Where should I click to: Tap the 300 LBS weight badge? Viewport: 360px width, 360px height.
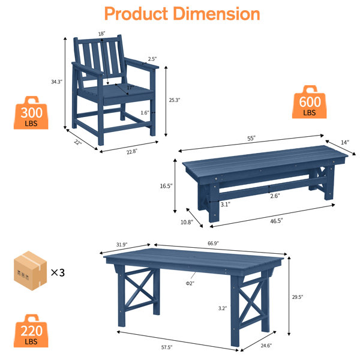[31, 113]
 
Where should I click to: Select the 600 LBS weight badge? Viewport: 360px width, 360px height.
[309, 102]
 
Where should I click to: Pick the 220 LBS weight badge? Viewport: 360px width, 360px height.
[31, 331]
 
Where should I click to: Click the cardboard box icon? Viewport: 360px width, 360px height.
[31, 271]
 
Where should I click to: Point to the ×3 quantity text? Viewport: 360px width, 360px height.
[58, 272]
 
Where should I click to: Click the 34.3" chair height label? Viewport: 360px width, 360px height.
[57, 82]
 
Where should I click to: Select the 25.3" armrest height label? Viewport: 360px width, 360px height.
[175, 100]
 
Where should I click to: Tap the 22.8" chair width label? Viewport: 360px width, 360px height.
[132, 152]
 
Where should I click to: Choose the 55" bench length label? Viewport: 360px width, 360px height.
[251, 139]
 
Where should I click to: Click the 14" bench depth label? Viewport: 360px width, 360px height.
[345, 142]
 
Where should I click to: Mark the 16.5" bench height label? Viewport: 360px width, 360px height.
[166, 186]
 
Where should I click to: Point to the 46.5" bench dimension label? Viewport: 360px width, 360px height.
[277, 221]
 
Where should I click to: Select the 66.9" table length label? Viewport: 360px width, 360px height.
[213, 243]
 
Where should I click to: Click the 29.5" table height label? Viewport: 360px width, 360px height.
[298, 297]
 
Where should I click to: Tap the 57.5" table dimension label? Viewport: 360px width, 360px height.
[167, 347]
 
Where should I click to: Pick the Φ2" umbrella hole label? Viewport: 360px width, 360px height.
[190, 283]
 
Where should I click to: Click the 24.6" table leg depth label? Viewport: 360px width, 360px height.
[266, 346]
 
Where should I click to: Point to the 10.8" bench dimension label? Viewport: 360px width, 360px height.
[187, 222]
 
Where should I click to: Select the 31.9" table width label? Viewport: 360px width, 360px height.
[122, 245]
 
